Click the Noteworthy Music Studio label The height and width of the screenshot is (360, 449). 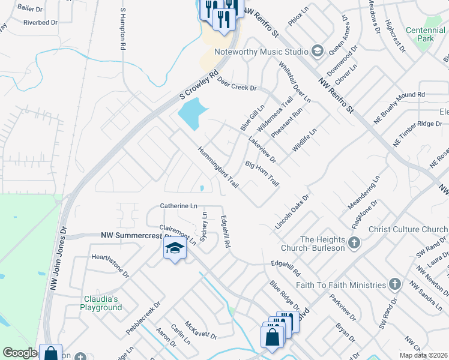click(x=261, y=52)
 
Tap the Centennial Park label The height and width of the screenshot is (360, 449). click(x=428, y=34)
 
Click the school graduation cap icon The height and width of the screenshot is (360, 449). click(x=175, y=248)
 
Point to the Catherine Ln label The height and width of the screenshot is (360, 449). click(x=178, y=206)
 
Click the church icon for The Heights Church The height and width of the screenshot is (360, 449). click(x=354, y=243)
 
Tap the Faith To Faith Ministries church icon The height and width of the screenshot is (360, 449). click(x=394, y=284)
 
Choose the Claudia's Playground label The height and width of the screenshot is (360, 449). click(x=101, y=303)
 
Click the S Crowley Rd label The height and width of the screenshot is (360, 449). click(x=198, y=88)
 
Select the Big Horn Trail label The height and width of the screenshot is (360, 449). click(x=262, y=173)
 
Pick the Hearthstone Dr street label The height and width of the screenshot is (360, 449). click(x=110, y=265)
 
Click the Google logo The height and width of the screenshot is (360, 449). click(x=19, y=353)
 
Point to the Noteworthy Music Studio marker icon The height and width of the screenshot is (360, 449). click(x=318, y=52)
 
